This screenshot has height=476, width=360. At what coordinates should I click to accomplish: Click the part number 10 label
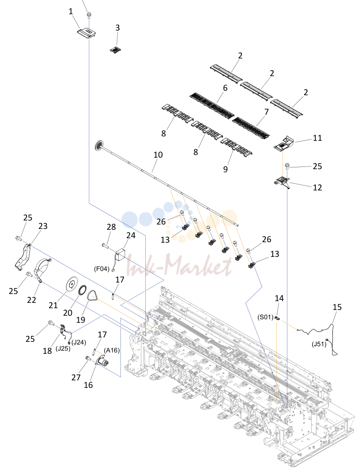click(x=158, y=155)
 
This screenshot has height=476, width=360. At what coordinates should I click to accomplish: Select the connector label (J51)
click(x=319, y=344)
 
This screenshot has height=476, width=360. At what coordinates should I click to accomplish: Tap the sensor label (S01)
click(x=265, y=317)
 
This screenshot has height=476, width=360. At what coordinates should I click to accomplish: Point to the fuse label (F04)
click(x=102, y=269)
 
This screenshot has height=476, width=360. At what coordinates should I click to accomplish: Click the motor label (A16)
click(x=112, y=350)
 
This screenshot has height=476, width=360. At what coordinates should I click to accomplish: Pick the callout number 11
click(x=317, y=138)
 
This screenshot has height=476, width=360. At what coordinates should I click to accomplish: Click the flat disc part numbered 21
click(x=72, y=284)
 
